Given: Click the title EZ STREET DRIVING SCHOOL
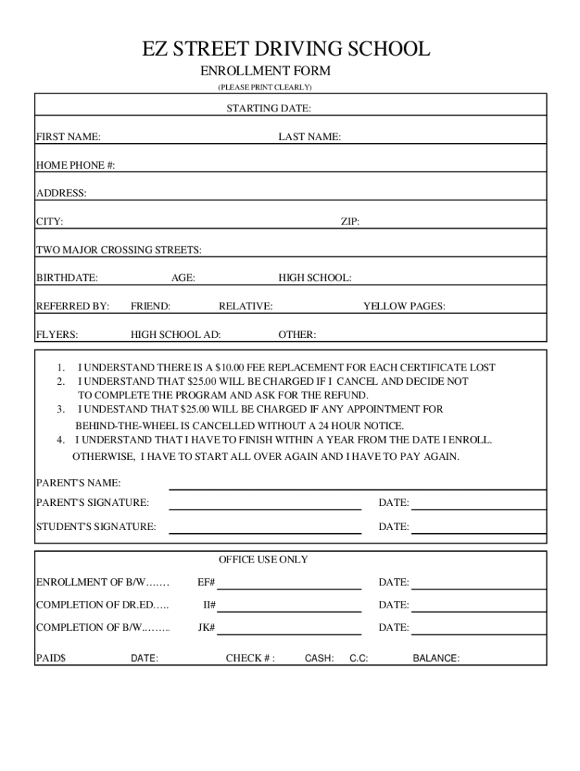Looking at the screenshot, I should click(286, 50).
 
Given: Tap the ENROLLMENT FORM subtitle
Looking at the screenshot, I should click(264, 72).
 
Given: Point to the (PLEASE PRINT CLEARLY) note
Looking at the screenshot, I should click(264, 87).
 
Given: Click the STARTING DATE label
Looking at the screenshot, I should click(269, 108).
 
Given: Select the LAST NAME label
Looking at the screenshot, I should click(309, 137).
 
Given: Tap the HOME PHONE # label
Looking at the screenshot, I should click(75, 166).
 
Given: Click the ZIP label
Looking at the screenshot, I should click(350, 221).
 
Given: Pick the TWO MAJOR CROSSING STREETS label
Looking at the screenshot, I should click(119, 250).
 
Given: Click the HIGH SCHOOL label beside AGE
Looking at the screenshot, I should click(315, 278).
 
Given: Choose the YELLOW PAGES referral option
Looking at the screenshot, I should click(404, 306).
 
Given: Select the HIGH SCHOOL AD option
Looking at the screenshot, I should click(176, 335).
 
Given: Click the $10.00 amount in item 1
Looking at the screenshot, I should click(230, 367).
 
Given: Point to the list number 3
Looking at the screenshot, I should click(60, 410).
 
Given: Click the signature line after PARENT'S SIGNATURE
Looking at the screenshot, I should click(264, 509).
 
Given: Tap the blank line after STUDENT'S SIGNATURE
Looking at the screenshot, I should click(264, 533).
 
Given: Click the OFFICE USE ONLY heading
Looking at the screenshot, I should click(263, 559).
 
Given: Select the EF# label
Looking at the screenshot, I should click(206, 582).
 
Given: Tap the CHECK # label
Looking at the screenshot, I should click(250, 658).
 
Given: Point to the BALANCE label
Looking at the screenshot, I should click(436, 658).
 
